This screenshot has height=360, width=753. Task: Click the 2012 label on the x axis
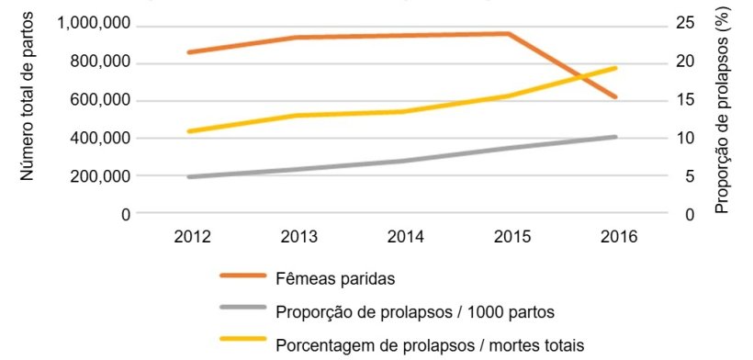193,237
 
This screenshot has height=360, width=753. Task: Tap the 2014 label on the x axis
404,237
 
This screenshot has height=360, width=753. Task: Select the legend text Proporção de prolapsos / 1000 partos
415,311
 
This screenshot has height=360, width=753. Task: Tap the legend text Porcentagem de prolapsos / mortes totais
429,345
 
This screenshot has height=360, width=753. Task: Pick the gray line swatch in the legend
243,310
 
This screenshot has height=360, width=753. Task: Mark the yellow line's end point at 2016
615,68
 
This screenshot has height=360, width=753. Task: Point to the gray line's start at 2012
188,176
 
